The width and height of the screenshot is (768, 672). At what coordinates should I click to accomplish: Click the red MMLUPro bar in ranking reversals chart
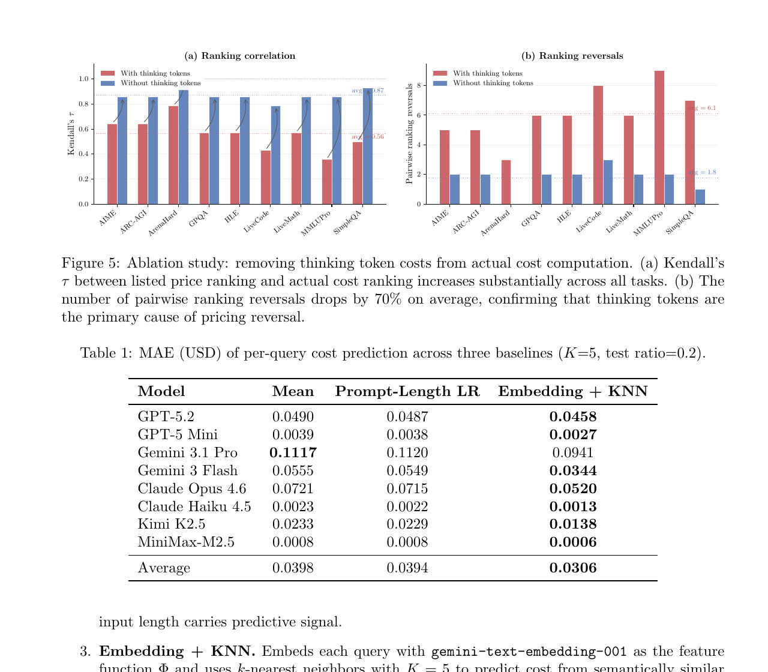[659, 137]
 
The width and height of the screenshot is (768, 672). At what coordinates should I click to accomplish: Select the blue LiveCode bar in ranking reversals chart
[608, 182]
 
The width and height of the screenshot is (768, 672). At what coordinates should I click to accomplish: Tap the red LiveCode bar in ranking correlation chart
[265, 178]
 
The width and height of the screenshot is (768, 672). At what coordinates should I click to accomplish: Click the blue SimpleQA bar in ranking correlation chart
[367, 146]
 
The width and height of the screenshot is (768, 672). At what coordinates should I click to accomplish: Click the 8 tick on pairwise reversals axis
[419, 86]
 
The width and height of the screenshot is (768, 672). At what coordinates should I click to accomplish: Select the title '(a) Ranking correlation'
[239, 56]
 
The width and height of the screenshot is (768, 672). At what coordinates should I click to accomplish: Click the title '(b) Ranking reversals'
[572, 56]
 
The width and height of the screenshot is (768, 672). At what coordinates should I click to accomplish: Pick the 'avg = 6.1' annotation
[702, 108]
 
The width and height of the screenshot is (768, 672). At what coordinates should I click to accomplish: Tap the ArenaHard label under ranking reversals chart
[496, 223]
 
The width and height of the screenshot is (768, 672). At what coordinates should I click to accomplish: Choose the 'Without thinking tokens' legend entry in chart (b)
[493, 83]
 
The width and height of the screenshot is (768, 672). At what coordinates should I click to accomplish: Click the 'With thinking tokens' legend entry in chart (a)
[155, 73]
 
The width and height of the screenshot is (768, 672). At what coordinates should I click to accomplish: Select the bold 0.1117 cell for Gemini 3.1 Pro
[293, 452]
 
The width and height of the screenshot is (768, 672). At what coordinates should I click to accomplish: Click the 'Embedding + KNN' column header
[572, 392]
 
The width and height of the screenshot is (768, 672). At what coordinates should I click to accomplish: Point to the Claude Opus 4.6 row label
[192, 488]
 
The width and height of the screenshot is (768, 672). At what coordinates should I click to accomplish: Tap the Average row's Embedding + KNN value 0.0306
[572, 568]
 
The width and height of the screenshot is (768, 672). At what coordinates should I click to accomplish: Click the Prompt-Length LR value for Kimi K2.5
[407, 524]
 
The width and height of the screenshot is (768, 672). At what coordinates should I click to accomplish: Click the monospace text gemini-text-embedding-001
[529, 652]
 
